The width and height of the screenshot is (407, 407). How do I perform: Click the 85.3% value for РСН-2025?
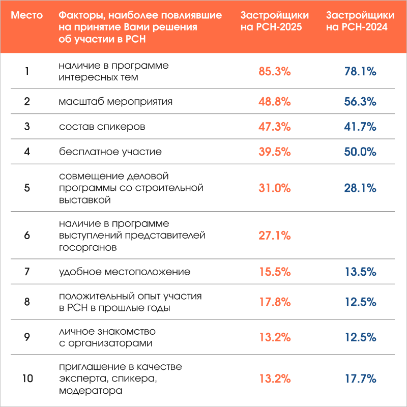click(275, 72)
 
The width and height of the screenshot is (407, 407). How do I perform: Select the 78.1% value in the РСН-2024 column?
click(360, 72)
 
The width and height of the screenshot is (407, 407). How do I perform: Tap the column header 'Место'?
click(27, 16)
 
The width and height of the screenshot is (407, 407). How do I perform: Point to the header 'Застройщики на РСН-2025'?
click(271, 21)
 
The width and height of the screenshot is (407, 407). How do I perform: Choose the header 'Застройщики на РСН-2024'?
click(357, 21)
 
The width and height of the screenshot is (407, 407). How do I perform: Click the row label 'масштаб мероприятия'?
click(115, 101)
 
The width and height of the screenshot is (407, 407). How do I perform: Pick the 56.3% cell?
click(360, 102)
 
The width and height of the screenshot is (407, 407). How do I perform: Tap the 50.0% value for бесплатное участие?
click(360, 152)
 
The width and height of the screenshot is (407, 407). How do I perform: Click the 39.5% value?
click(275, 152)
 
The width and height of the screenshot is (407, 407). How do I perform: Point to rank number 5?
click(27, 188)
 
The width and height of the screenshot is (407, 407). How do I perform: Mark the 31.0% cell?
click(275, 188)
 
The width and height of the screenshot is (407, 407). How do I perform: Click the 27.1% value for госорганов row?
click(275, 236)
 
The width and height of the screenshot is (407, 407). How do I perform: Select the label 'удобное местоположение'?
click(125, 272)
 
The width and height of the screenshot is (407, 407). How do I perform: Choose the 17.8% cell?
click(275, 302)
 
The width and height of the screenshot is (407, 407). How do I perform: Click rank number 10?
click(27, 379)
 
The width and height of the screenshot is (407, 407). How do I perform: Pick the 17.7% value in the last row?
click(360, 379)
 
